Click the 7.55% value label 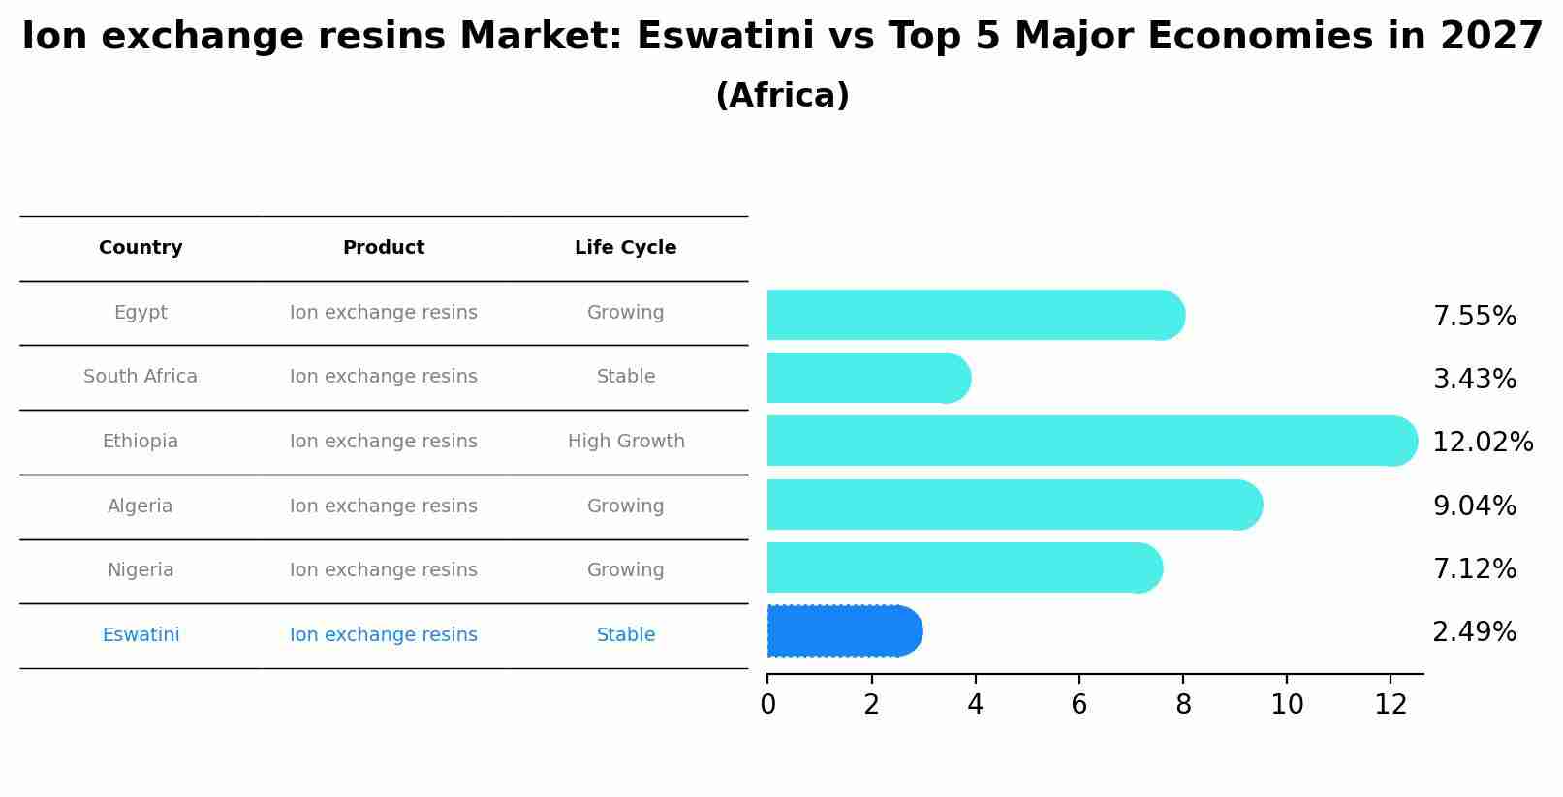pyautogui.click(x=1474, y=317)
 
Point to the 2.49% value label pyautogui.click(x=1474, y=632)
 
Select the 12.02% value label pyautogui.click(x=1482, y=443)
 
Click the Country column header pyautogui.click(x=141, y=248)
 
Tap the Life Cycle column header pyautogui.click(x=625, y=248)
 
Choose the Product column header pyautogui.click(x=384, y=248)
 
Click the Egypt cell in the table pyautogui.click(x=141, y=313)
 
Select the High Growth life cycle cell pyautogui.click(x=626, y=442)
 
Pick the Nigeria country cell pyautogui.click(x=141, y=570)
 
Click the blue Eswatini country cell pyautogui.click(x=141, y=635)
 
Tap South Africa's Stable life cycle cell pyautogui.click(x=626, y=377)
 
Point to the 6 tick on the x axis pyautogui.click(x=1078, y=705)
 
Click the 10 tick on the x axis pyautogui.click(x=1287, y=705)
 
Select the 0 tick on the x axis pyautogui.click(x=767, y=705)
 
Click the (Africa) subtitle pyautogui.click(x=782, y=96)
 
